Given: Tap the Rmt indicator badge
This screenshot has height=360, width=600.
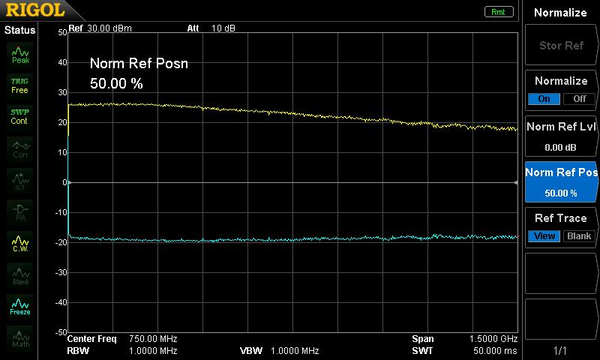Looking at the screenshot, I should click(499, 11).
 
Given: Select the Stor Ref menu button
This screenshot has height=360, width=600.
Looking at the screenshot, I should click(561, 46).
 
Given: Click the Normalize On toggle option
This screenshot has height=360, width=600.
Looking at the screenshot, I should click(544, 98).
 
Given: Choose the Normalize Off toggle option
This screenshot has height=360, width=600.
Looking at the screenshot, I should click(578, 98).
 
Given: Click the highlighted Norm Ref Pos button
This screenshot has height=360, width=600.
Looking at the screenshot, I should click(561, 181).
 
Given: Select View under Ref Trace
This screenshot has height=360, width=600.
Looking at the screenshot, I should click(544, 236).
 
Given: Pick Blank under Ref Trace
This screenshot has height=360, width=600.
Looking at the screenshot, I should click(578, 236).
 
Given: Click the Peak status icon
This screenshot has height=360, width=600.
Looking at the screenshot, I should click(20, 55).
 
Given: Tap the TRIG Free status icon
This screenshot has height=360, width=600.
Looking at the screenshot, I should click(20, 85).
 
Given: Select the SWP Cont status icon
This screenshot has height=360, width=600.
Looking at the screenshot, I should click(20, 116).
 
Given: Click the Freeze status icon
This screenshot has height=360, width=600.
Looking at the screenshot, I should click(20, 306).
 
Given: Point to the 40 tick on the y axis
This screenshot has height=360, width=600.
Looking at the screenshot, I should click(62, 62).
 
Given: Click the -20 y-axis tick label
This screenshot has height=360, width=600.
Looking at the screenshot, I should click(60, 242).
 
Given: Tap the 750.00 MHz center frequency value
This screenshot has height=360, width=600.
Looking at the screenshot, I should click(153, 339).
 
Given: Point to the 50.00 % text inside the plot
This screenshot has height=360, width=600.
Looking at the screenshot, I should click(116, 83).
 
